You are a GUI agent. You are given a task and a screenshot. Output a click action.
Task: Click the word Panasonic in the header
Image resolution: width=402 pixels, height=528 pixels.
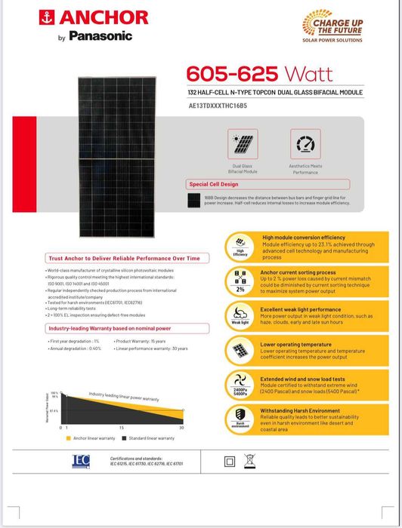[x=100, y=35]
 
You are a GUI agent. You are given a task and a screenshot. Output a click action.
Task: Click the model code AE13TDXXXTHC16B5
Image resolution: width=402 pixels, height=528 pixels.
[x=227, y=106]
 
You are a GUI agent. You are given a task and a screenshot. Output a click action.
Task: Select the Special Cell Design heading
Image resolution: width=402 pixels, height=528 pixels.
[x=214, y=184]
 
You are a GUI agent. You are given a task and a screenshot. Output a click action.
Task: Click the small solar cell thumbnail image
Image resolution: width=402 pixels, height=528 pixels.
[x=195, y=201]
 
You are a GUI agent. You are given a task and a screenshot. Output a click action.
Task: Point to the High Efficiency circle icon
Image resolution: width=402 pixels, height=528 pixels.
[x=240, y=246]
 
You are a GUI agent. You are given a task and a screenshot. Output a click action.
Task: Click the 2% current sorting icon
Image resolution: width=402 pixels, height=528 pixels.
[x=240, y=281]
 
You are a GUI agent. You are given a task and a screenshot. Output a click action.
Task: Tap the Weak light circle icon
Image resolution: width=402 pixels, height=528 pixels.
[x=240, y=315]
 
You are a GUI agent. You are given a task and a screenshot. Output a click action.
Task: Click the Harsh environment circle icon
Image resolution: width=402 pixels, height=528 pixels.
[x=240, y=417]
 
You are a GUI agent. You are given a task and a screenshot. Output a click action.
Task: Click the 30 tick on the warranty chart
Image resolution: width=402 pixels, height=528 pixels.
[x=181, y=428]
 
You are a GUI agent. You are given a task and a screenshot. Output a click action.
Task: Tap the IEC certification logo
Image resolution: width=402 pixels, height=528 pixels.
[x=81, y=460]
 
